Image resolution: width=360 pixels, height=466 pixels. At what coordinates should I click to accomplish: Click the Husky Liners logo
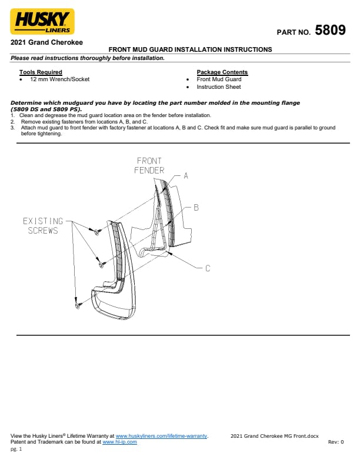(42, 21)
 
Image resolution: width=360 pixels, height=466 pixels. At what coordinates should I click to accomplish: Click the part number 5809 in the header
(331, 30)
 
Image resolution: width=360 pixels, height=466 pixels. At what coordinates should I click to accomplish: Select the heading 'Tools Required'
(41, 72)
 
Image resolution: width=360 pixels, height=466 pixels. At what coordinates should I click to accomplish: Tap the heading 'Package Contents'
(222, 72)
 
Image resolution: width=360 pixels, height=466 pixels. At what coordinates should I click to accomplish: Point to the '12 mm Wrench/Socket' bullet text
(59, 79)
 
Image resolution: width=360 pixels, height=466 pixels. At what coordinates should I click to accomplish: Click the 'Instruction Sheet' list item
(219, 86)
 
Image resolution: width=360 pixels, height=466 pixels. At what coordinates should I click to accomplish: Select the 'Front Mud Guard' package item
(219, 79)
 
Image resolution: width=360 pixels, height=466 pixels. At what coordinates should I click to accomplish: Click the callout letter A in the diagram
(186, 176)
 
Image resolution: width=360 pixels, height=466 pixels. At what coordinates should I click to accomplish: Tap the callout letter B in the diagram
(196, 208)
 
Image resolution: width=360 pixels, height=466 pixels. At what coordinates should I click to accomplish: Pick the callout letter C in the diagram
(208, 268)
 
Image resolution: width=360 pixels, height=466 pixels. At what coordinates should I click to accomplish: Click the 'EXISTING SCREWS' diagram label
(43, 225)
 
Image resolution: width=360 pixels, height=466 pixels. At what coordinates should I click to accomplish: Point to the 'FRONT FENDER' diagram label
(149, 165)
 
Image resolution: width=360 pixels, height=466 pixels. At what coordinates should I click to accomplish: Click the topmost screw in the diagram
(97, 232)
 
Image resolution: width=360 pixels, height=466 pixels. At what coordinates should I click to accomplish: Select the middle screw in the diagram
(101, 264)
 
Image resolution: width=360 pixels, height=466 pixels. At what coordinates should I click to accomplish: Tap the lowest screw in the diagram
(78, 305)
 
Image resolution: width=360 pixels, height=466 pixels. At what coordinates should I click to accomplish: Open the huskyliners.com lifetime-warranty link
(161, 436)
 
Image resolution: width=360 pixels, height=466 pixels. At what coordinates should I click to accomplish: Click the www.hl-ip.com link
(119, 442)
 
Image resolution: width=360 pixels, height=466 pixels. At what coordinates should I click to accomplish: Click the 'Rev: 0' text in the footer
(336, 442)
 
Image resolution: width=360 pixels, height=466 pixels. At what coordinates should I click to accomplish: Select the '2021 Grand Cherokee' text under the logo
(46, 42)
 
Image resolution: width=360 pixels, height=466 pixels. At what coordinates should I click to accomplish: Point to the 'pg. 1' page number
(16, 449)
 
